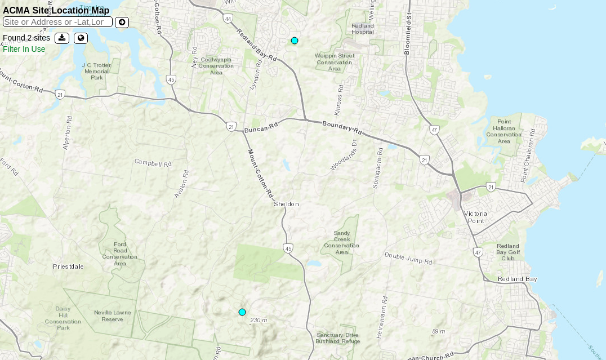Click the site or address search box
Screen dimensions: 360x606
click(57, 22)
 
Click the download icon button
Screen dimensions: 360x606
click(62, 38)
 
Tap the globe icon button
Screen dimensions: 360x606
click(81, 38)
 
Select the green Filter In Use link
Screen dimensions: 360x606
click(24, 49)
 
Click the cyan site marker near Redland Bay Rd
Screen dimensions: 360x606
click(295, 41)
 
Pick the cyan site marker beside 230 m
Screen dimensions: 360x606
click(242, 312)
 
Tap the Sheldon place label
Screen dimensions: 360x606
click(286, 204)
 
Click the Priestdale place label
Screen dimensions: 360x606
click(68, 266)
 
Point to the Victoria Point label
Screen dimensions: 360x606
click(476, 217)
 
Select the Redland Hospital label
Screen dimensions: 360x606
click(362, 29)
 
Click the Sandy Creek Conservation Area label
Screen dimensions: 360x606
click(341, 242)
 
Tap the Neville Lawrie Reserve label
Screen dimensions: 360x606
click(112, 315)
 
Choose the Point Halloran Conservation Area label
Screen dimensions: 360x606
click(504, 131)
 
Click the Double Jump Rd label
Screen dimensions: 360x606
click(408, 259)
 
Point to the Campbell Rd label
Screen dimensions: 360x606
click(153, 163)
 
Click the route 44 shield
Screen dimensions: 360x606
click(228, 19)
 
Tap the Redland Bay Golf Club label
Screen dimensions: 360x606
click(508, 252)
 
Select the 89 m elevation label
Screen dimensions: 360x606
click(438, 331)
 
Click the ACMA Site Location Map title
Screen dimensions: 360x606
click(56, 10)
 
